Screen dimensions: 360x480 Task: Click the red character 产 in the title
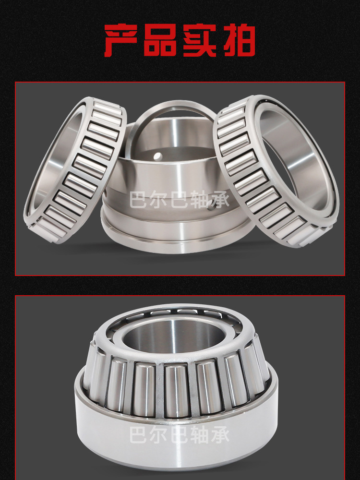pyautogui.click(x=120, y=40)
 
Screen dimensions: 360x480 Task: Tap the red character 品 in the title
pyautogui.click(x=160, y=40)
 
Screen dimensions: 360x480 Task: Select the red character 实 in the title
pyautogui.click(x=200, y=40)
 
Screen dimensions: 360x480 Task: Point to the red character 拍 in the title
pyautogui.click(x=239, y=40)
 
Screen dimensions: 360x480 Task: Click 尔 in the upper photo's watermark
pyautogui.click(x=159, y=199)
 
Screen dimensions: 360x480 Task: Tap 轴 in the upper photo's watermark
pyautogui.click(x=200, y=199)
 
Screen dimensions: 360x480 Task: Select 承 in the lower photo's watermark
pyautogui.click(x=220, y=434)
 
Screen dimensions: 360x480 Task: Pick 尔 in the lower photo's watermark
pyautogui.click(x=159, y=434)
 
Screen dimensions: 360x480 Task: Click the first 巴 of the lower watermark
pyautogui.click(x=139, y=434)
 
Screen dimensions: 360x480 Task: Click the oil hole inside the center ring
pyautogui.click(x=157, y=156)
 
